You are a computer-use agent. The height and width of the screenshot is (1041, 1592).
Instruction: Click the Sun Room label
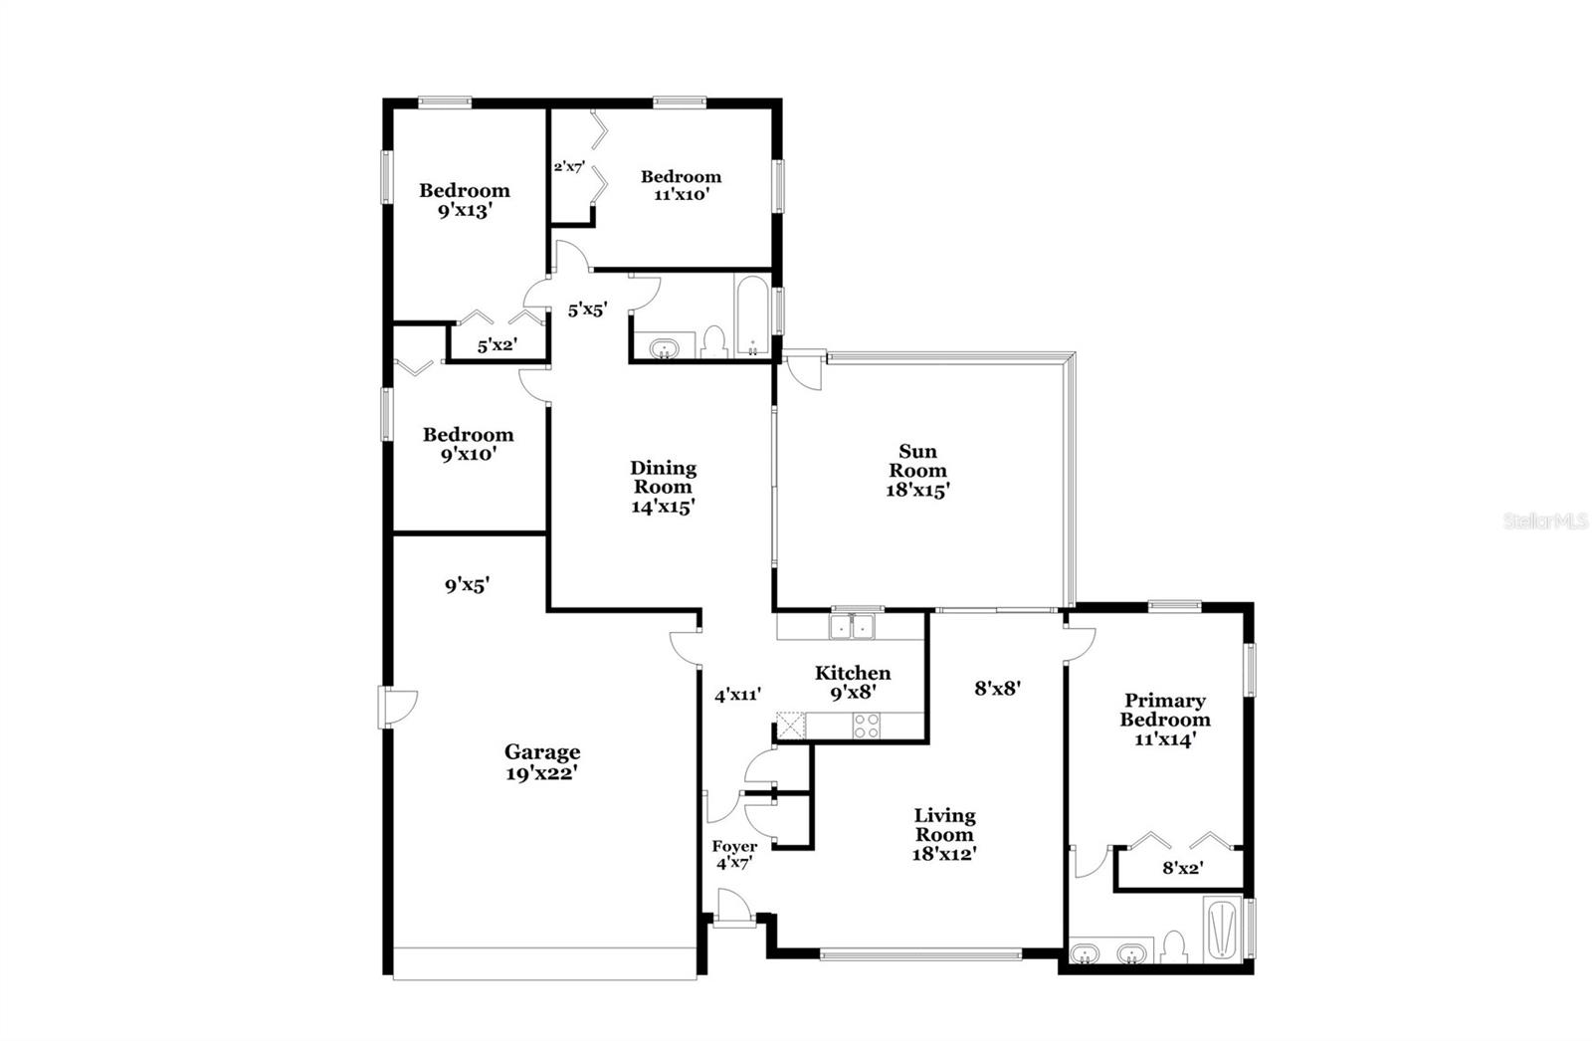tap(917, 461)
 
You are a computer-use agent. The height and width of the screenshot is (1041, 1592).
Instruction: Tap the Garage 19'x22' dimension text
tap(541, 772)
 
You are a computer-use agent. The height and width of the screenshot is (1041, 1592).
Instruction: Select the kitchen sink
tap(852, 626)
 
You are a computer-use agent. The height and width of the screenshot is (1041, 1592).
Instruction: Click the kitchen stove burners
tap(866, 726)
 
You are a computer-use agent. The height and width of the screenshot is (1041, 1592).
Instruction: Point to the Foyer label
tap(734, 846)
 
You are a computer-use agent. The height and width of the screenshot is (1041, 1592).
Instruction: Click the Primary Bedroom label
tap(1164, 710)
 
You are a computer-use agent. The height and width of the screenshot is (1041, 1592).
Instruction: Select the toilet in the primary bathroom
tap(1174, 946)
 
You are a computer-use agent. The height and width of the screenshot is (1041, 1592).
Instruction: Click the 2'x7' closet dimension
tap(568, 167)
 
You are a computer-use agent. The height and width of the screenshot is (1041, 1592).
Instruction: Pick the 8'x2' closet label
tap(1182, 868)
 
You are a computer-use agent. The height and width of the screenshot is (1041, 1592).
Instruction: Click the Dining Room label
tap(663, 477)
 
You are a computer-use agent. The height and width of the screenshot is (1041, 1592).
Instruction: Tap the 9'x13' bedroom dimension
tap(465, 211)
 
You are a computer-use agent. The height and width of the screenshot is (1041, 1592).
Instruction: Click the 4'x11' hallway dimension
tap(737, 695)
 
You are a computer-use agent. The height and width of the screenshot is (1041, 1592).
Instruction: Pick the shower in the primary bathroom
tap(1224, 932)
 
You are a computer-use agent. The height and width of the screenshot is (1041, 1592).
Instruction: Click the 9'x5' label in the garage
tap(466, 585)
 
